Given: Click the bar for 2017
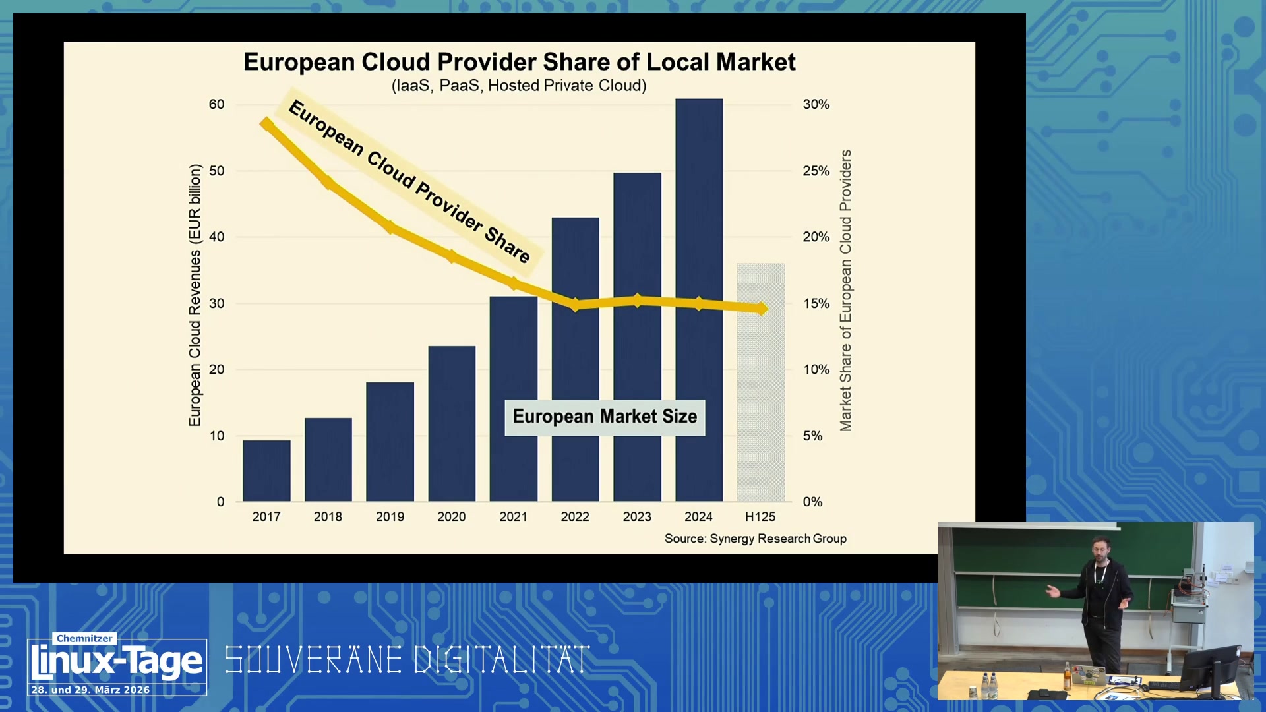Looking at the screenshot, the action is (266, 471).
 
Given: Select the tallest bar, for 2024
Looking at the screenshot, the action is (699, 300).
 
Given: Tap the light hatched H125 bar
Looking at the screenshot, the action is (761, 382).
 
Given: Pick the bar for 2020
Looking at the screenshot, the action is (452, 424).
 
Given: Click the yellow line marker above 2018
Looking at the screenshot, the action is (328, 181).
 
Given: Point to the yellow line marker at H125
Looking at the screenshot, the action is (762, 308).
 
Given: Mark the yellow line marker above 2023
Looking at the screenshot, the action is (637, 301).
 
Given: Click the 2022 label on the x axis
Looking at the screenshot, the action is (575, 517).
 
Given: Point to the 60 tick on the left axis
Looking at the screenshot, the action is (216, 104).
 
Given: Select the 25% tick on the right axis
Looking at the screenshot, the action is (816, 171).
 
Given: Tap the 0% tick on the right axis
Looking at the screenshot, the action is (813, 502).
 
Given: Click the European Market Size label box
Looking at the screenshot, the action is (605, 417).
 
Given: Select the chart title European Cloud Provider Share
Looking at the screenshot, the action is (520, 62).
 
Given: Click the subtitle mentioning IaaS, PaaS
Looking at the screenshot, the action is (519, 86).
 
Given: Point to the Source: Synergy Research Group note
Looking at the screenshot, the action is (756, 539).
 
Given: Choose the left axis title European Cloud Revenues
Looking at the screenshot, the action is (195, 295).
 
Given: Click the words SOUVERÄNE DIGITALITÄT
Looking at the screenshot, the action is (407, 660).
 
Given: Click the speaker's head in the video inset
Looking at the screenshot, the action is (1099, 549).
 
